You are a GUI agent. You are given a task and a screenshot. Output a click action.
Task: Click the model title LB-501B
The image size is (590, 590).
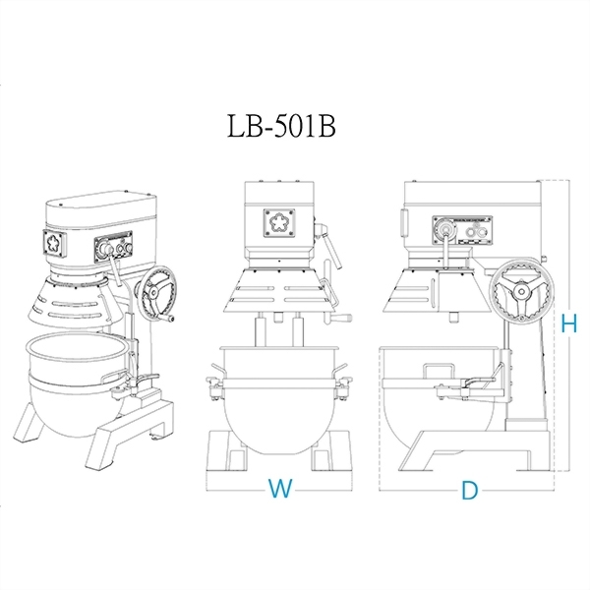pos(281,126)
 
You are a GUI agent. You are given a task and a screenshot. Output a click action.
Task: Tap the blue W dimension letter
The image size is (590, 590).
pos(280,488)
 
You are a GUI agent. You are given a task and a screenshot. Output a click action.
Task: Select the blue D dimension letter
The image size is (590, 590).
pos(470,491)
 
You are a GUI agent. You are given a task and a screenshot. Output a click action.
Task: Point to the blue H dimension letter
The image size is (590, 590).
pos(569,324)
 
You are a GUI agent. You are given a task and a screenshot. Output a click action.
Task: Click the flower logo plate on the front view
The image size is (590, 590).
pos(279,223)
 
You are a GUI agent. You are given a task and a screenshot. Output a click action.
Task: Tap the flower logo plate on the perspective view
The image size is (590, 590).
pos(54,244)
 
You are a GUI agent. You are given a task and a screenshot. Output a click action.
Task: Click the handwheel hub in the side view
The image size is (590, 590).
pos(521,292)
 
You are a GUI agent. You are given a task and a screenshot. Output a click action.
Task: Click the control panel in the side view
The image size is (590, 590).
pos(462,230)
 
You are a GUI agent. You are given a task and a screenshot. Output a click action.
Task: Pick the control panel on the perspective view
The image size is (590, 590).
pos(113,247)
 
